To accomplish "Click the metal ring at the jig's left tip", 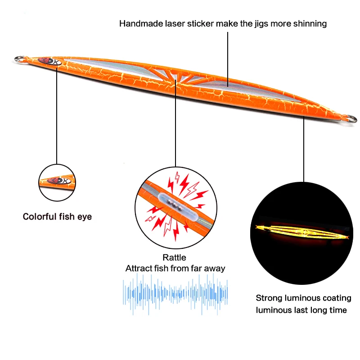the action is click(19, 58).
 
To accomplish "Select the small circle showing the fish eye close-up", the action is click(57, 182).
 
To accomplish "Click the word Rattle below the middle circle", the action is click(175, 258).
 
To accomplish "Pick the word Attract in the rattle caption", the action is click(138, 268).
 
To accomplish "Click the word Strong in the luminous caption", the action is click(269, 298).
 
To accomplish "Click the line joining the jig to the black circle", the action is click(304, 148).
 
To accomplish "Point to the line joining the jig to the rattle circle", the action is click(175, 126).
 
